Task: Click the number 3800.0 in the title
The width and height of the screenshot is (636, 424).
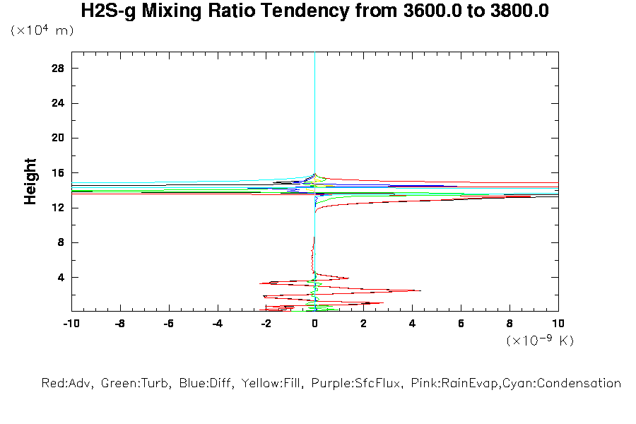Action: tap(519, 11)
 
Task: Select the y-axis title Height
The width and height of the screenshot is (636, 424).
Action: tap(30, 182)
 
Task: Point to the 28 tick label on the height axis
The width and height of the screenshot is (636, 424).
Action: tap(58, 69)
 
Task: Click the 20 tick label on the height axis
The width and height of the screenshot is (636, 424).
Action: tap(58, 138)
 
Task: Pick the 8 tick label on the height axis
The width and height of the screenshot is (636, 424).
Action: tap(61, 242)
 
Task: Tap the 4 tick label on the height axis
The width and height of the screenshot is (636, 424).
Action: tap(61, 277)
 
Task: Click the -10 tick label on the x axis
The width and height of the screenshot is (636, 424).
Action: tap(71, 324)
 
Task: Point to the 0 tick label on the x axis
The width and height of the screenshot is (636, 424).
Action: tap(314, 324)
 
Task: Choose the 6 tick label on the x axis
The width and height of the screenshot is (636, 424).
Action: tap(461, 324)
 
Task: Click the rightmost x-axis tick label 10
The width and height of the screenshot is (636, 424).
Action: tap(558, 324)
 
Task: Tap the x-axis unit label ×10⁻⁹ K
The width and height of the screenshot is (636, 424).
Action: tap(540, 341)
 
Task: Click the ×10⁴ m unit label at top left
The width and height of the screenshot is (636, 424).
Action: tap(42, 31)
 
